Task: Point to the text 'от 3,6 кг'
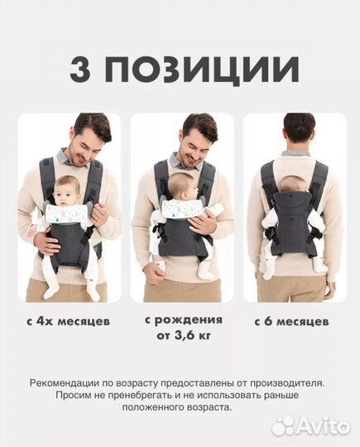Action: coord(182,336)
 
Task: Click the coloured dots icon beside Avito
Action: coord(284,425)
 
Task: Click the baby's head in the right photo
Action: coord(294,183)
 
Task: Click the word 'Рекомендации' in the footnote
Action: coord(65,383)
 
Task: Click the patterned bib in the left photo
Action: coord(68,214)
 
